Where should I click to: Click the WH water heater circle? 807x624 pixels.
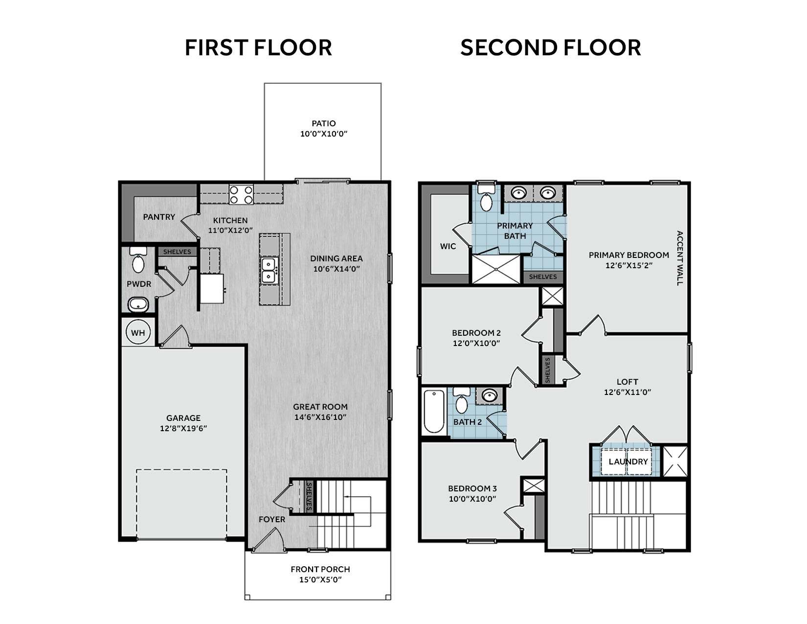point(138,333)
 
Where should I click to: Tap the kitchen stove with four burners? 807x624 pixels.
point(241,194)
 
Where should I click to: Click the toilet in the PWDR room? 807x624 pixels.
point(138,260)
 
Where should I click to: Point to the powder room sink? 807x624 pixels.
point(138,305)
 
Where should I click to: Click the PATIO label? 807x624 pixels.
point(324,123)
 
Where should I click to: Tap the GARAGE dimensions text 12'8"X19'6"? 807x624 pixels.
point(183,429)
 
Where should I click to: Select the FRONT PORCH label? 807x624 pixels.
point(320,569)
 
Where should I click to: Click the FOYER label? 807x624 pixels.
point(272,520)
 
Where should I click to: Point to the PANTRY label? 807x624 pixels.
point(159,217)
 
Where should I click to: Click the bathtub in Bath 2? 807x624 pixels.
point(434,411)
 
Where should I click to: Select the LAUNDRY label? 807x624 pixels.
point(628,462)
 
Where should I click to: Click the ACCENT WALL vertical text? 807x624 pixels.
point(680,258)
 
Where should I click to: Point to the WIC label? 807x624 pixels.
point(448,246)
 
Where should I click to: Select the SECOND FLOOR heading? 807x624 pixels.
point(551,47)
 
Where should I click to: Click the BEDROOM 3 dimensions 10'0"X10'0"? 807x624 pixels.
point(472,499)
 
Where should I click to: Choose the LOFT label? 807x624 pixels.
point(627,382)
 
